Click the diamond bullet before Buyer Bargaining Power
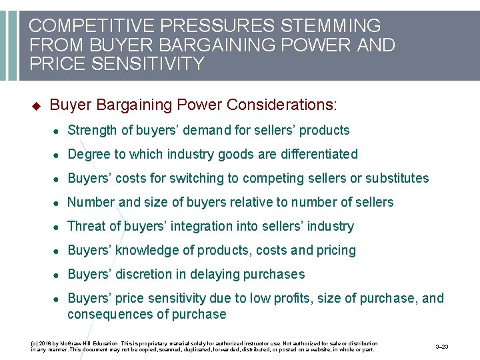[36, 106]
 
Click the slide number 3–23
[441, 347]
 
